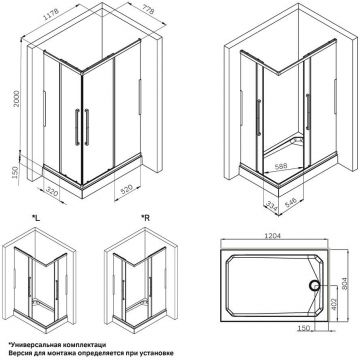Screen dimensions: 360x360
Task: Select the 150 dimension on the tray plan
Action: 302,325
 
